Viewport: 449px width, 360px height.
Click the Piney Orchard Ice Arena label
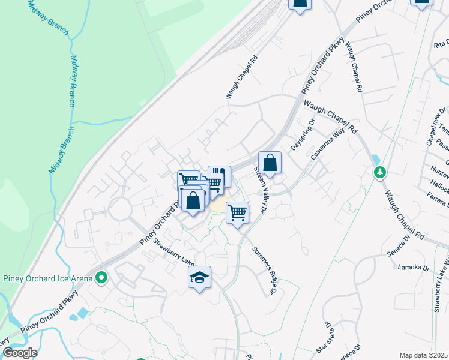pyautogui.click(x=48, y=278)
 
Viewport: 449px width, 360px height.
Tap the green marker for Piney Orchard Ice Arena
pyautogui.click(x=101, y=278)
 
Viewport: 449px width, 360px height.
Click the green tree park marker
pyautogui.click(x=379, y=173)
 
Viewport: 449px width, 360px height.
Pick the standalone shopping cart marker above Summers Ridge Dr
pyautogui.click(x=238, y=212)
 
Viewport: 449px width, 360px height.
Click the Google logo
pyautogui.click(x=19, y=353)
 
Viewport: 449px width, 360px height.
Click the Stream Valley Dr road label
pyautogui.click(x=261, y=190)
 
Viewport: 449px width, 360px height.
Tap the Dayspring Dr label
pyautogui.click(x=302, y=136)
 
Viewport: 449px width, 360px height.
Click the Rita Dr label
pyautogui.click(x=441, y=44)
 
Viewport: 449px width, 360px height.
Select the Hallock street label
pyautogui.click(x=441, y=187)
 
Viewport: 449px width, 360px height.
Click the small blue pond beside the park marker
pyautogui.click(x=375, y=160)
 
